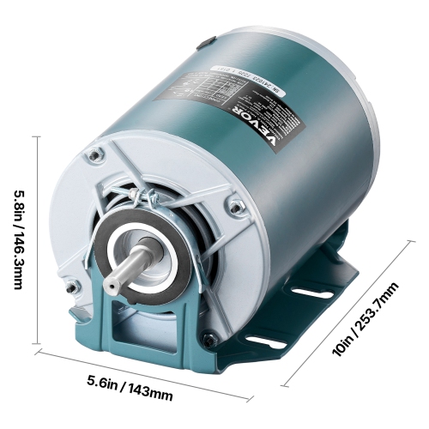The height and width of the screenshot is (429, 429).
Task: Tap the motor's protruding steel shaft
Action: point(125,274)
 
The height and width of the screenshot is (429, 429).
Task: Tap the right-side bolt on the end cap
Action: point(234,204)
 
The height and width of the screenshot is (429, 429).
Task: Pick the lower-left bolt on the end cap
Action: point(75,285)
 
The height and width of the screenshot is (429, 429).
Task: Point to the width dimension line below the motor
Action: point(142,373)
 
